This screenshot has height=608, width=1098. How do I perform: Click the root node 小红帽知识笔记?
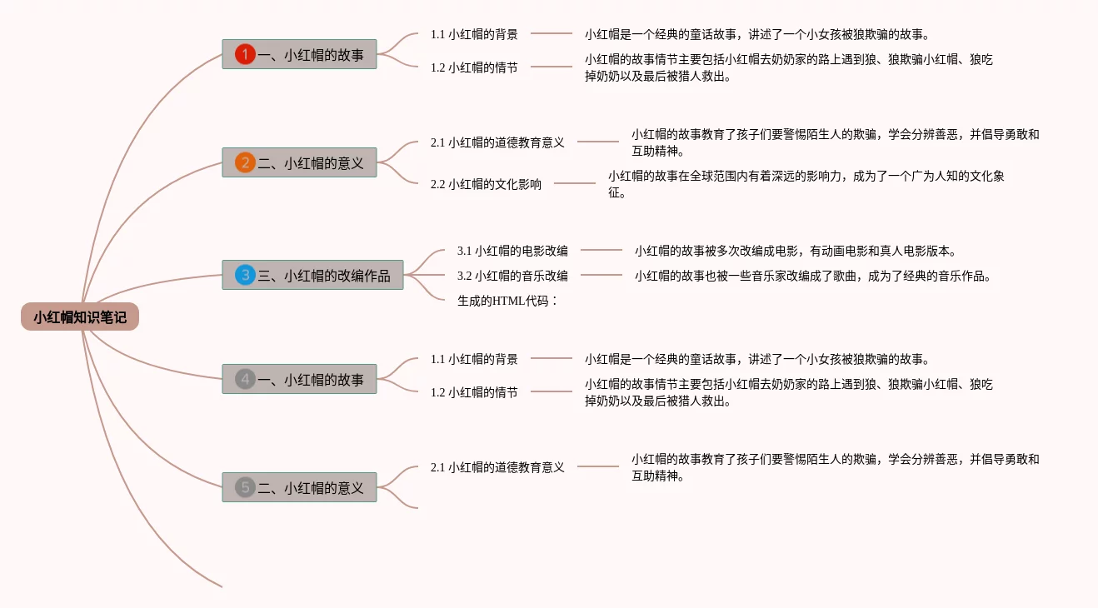coord(80,316)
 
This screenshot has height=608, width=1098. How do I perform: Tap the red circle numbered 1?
coord(245,54)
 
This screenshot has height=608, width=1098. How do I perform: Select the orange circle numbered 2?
coord(245,162)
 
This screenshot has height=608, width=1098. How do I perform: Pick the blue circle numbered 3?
coord(245,275)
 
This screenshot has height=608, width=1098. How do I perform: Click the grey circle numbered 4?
coord(245,379)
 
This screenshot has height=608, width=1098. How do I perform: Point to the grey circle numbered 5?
coord(245,487)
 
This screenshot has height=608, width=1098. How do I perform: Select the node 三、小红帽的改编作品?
coord(312,275)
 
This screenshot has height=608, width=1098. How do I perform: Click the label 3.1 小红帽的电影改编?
coord(512,250)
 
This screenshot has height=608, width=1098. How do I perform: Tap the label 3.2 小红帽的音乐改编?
coord(512,275)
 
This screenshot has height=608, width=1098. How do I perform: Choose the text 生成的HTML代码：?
coord(507,301)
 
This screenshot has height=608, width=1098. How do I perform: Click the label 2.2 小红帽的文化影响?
coord(486,184)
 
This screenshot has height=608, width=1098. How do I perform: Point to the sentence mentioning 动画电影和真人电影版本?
coord(795,250)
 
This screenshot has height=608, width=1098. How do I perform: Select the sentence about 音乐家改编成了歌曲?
coord(812,276)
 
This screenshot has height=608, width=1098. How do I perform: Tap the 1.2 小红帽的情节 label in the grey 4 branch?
coord(474,392)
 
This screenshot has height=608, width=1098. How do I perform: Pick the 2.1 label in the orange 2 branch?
coord(497,142)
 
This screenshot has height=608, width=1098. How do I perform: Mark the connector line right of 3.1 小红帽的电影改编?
coord(601,250)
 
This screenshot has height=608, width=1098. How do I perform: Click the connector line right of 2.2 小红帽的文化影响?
coord(575,183)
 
